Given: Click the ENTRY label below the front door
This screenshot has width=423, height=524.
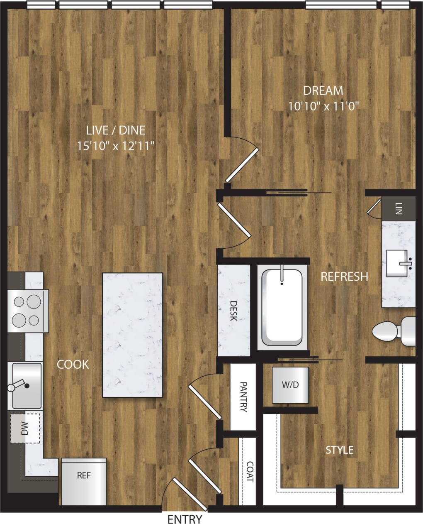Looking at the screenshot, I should coord(185,519).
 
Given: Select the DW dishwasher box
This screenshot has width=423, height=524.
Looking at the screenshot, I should coord(25,428).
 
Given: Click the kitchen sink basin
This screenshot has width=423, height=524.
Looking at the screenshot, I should coord(27,385).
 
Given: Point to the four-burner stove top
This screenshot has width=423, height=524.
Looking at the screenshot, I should coord(27,311).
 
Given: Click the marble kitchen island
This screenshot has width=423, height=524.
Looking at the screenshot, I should coord(132,335).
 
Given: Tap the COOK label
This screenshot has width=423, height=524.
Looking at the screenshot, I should coord(73,365).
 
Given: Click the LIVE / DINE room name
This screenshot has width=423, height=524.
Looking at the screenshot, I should coord(116,130).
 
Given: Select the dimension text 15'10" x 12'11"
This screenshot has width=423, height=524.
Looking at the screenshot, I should coord(116,146).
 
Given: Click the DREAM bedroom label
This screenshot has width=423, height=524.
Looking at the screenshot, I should coord(323,91).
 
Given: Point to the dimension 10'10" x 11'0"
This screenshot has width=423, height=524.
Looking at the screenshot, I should coord(323,106).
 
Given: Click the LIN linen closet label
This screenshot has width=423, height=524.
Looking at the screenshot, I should coord(399,208).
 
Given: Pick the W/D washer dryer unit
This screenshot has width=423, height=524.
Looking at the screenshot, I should coord(290,385).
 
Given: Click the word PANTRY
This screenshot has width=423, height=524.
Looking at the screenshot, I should coord(243,397).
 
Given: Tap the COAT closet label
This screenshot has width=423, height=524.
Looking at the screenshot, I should coord(250,472).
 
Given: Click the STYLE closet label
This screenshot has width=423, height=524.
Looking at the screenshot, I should coord(340,450).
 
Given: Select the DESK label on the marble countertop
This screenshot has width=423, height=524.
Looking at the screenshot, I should coord(233,311).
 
